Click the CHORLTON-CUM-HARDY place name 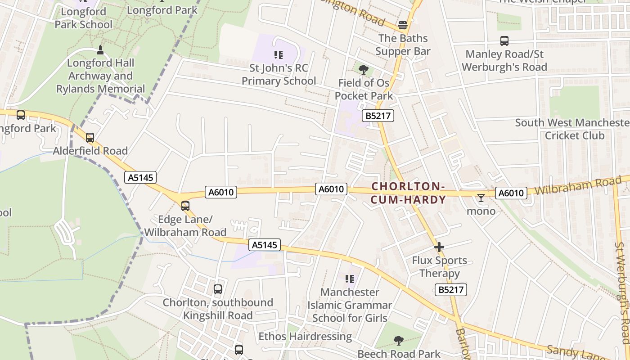[x=408, y=193]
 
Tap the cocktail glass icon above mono [x=481, y=198]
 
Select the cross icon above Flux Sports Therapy [x=439, y=247]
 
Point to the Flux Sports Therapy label [x=439, y=267]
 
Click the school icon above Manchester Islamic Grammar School [x=350, y=279]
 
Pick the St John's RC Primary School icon [x=279, y=55]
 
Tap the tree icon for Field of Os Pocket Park [x=364, y=70]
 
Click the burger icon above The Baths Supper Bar [x=403, y=25]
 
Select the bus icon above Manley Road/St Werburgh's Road [x=504, y=41]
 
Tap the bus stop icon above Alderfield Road [x=90, y=138]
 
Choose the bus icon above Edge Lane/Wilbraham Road [x=185, y=206]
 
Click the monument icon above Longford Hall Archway [x=100, y=49]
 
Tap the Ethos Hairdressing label [x=305, y=336]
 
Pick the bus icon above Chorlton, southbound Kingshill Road [x=218, y=289]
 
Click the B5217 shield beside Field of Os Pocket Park [x=378, y=116]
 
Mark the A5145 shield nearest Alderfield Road [x=141, y=177]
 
